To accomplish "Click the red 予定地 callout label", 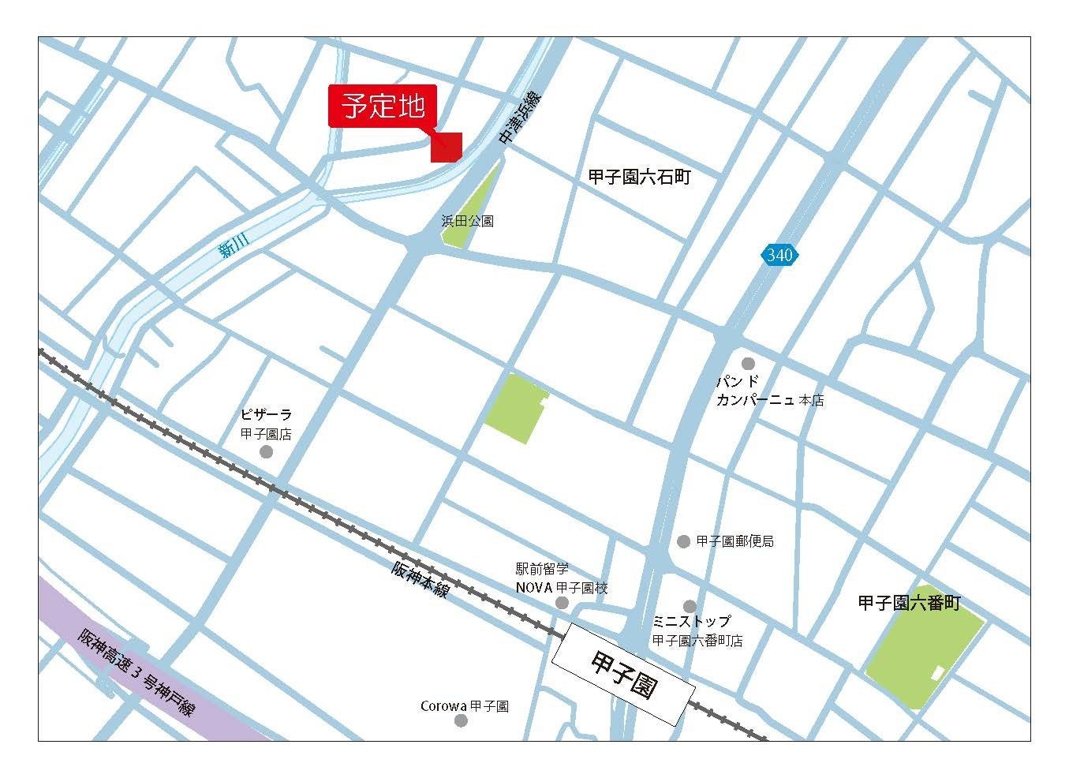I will click(382, 106).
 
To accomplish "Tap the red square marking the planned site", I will click(446, 148).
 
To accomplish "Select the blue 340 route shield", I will click(779, 255).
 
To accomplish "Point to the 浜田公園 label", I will click(467, 222).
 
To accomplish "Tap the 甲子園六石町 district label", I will click(639, 178).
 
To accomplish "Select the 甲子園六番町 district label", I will click(909, 604).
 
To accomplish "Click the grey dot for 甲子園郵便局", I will click(683, 541).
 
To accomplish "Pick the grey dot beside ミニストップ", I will click(690, 606).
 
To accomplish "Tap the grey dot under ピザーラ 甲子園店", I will click(266, 451).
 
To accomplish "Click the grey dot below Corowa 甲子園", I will click(462, 720).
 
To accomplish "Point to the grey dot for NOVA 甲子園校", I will click(562, 603).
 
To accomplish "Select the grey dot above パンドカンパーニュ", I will click(748, 364).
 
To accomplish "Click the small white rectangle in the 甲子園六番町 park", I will click(937, 673).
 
